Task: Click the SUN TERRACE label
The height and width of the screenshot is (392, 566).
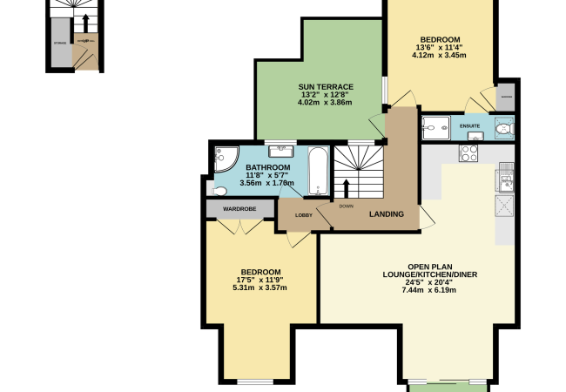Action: click(x=326, y=86)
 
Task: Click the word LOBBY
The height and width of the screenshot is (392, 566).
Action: click(x=304, y=215)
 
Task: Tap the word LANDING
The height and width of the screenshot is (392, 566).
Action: click(x=387, y=214)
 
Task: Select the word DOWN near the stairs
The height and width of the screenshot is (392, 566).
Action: click(x=346, y=206)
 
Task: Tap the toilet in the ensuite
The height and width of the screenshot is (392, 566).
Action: click(x=502, y=130)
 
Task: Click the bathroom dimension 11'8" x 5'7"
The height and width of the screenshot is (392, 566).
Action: click(x=267, y=176)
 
